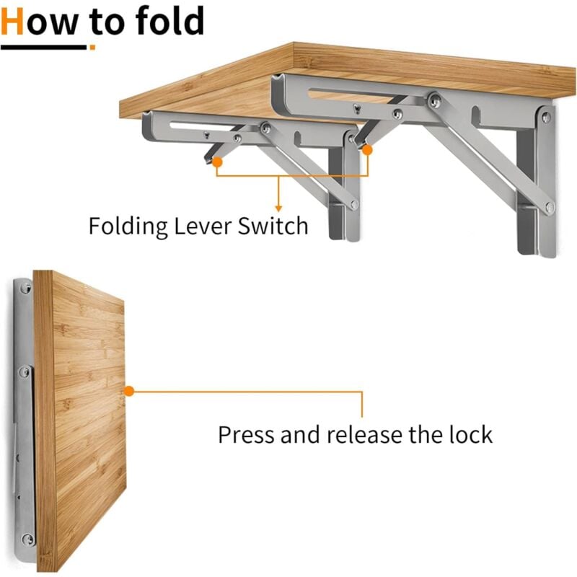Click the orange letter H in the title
pos(15,22)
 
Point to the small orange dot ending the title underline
pos(92,48)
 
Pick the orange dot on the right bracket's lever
pos(367,150)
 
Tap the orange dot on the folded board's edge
pos(129,392)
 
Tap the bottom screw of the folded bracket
pos(27,537)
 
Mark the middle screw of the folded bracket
pos(25,373)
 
